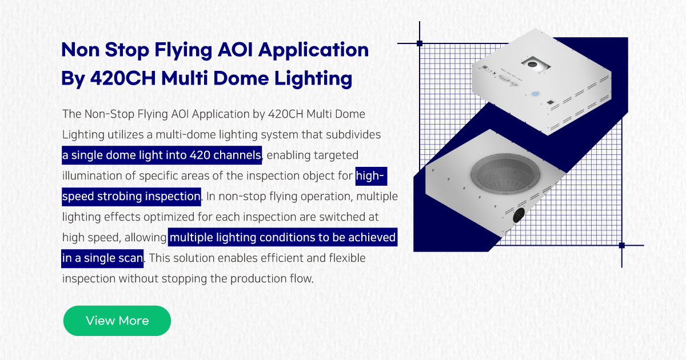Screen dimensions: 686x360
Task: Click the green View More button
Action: pos(117,321)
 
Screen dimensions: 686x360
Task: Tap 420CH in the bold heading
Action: pos(123,78)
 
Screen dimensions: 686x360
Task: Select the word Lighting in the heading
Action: pos(313,79)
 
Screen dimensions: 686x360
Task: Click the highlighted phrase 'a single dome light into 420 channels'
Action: pos(162,155)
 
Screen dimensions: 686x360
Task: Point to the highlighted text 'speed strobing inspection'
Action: pos(131,197)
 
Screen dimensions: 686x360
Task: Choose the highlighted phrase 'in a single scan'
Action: pos(102,258)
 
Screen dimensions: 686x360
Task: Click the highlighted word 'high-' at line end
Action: pos(371,176)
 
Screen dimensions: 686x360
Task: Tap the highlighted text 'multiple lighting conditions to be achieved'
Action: pos(282,237)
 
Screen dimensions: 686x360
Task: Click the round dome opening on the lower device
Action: pos(505,174)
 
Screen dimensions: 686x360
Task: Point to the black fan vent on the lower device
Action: pos(519,215)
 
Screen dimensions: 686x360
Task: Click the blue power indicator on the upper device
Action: pos(535,94)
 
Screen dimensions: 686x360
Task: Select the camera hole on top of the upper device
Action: pos(532,64)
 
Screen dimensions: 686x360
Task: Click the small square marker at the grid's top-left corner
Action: pos(420,43)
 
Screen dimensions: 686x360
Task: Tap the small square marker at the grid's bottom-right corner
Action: pos(622,245)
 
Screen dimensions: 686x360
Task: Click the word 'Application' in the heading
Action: pos(313,50)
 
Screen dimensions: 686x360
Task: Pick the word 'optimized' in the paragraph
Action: pos(169,217)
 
